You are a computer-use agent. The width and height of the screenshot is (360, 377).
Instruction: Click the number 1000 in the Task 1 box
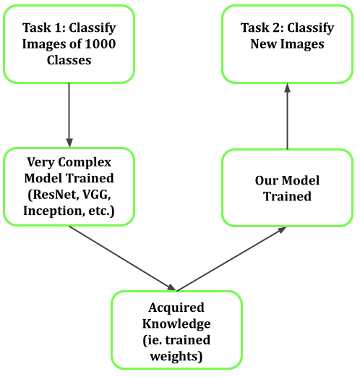100,44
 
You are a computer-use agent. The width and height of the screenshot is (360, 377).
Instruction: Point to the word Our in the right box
267,180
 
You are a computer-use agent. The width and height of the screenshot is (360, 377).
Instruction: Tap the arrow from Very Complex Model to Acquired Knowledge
123,258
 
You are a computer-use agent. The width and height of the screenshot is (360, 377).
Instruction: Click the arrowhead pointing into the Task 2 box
287,87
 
